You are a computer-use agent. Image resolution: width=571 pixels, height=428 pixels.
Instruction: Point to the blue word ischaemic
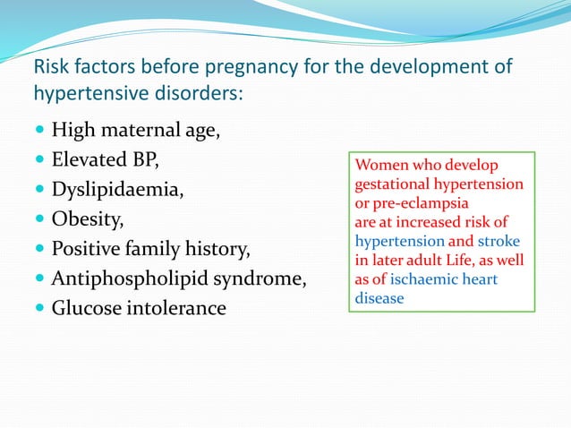pyautogui.click(x=425, y=279)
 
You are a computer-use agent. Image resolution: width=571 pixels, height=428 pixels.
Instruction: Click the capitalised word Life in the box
pyautogui.click(x=460, y=261)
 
